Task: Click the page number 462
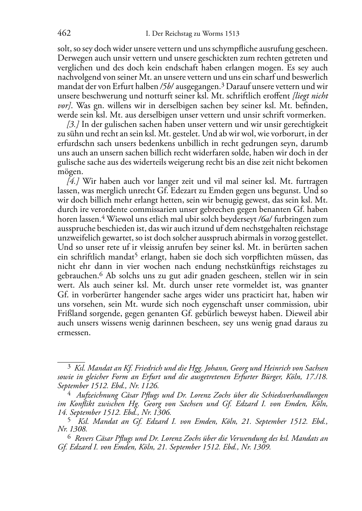pyautogui.click(x=64, y=34)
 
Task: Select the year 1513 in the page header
pyautogui.click(x=231, y=34)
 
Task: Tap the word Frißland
pyautogui.click(x=72, y=313)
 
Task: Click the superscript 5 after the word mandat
pyautogui.click(x=136, y=255)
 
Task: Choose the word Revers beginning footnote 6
pyautogui.click(x=84, y=439)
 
